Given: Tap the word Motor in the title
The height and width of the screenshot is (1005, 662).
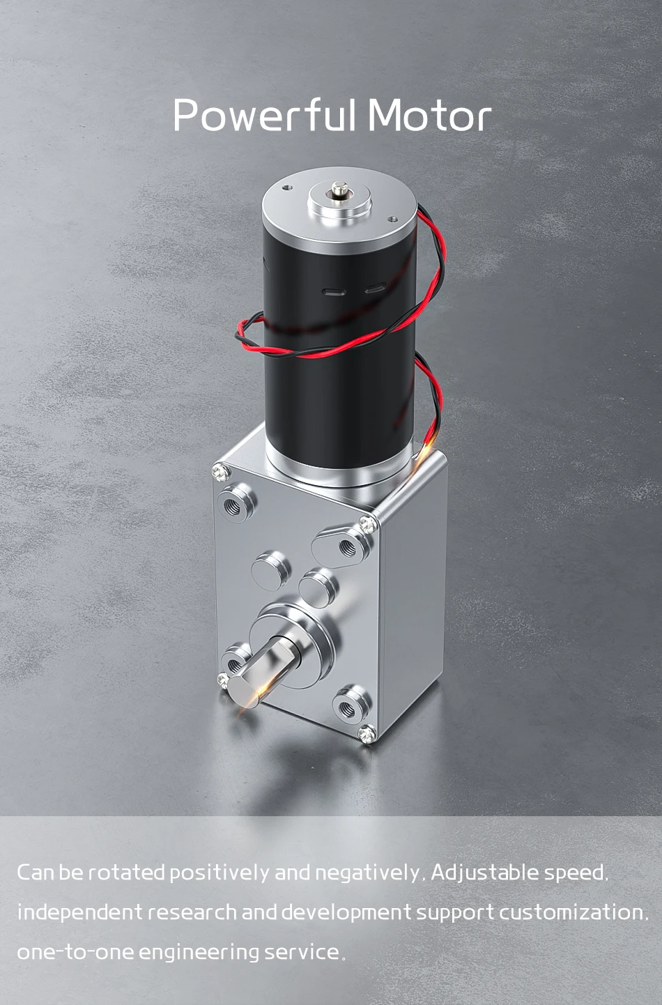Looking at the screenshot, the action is click(x=430, y=116).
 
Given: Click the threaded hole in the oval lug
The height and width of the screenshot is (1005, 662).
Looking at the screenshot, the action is click(x=347, y=547).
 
